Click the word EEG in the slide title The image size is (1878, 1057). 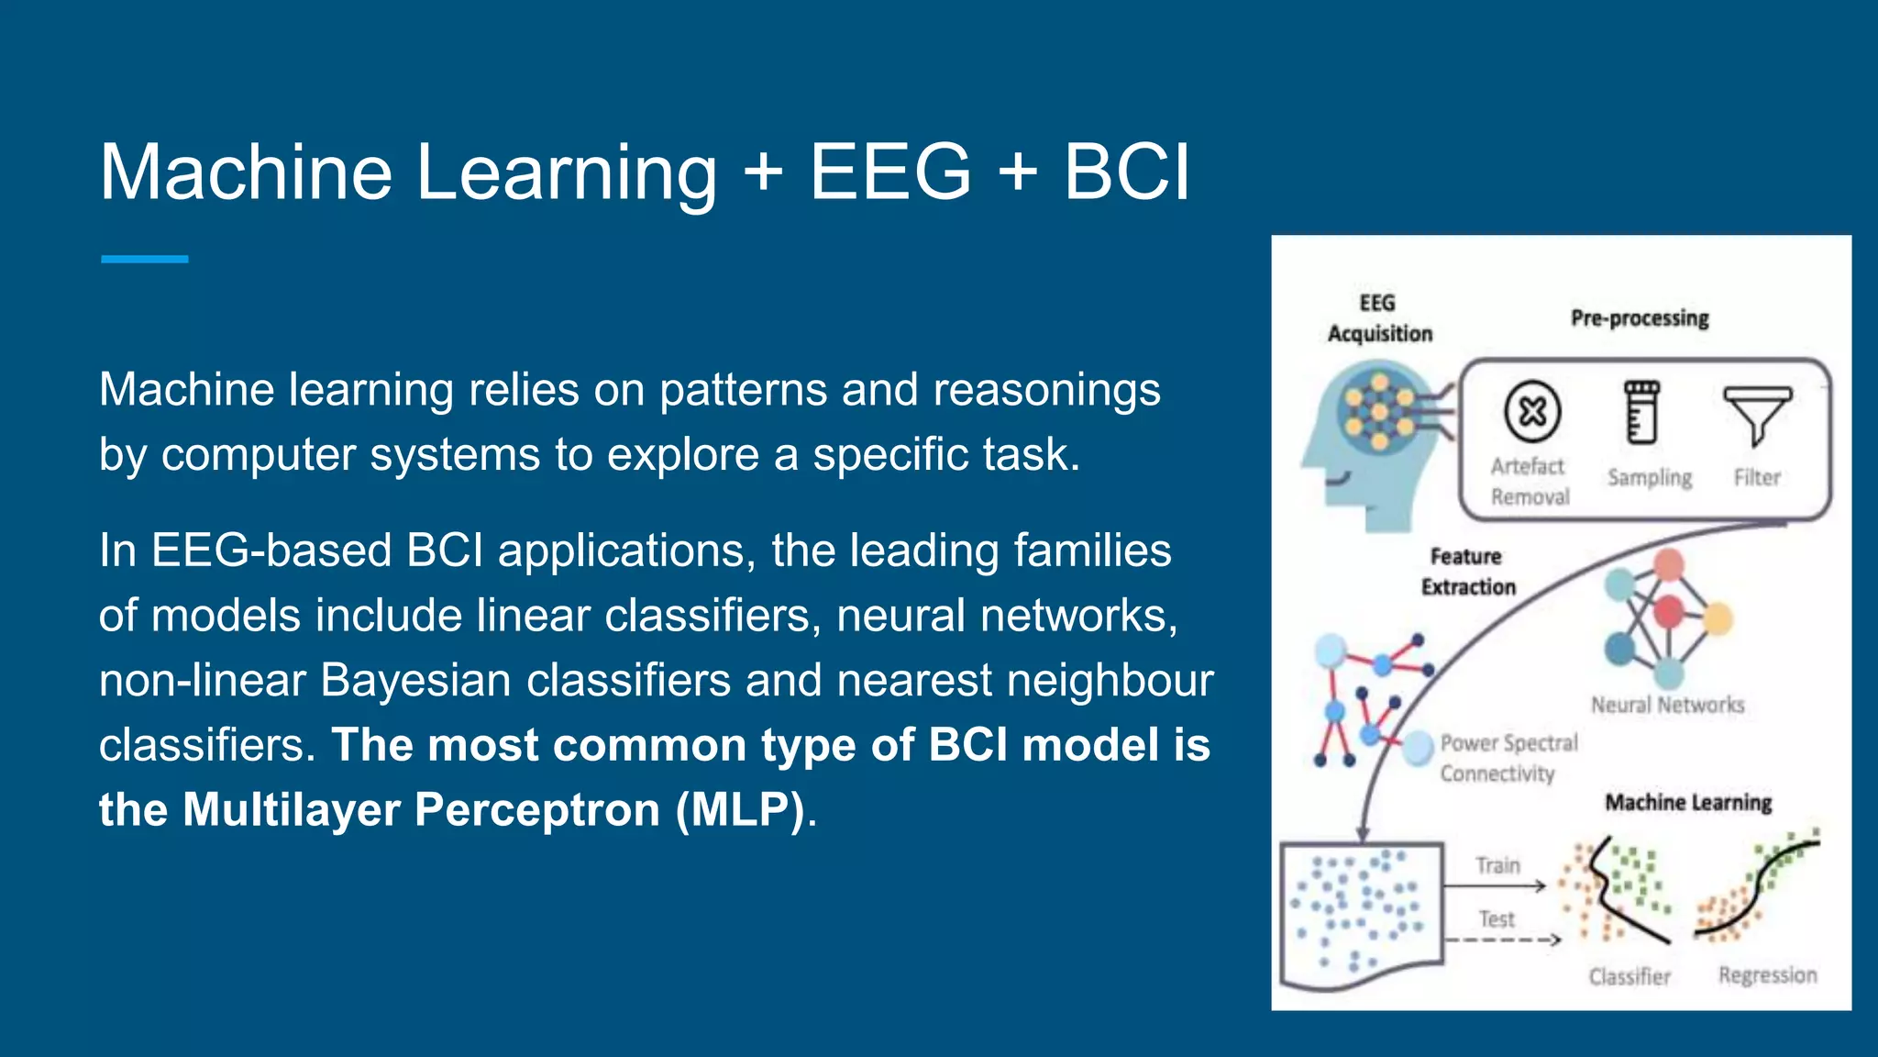click(x=889, y=172)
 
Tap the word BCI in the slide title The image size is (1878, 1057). click(x=1126, y=172)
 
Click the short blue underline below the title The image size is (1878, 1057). click(x=145, y=260)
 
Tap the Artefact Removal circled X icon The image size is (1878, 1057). click(x=1531, y=412)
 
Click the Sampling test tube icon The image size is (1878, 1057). click(x=1641, y=412)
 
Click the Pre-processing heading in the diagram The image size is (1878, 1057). click(x=1640, y=318)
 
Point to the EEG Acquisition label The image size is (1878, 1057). click(x=1379, y=318)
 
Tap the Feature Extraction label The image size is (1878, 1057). click(x=1467, y=572)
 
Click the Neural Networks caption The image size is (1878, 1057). click(x=1667, y=705)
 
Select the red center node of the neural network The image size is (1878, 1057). click(x=1668, y=611)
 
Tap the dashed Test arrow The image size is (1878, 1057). click(x=1502, y=940)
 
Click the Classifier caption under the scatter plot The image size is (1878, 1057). click(x=1629, y=976)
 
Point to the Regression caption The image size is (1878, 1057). click(x=1767, y=975)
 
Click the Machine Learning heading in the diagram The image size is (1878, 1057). click(x=1688, y=803)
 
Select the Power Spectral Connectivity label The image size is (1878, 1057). click(x=1508, y=758)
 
